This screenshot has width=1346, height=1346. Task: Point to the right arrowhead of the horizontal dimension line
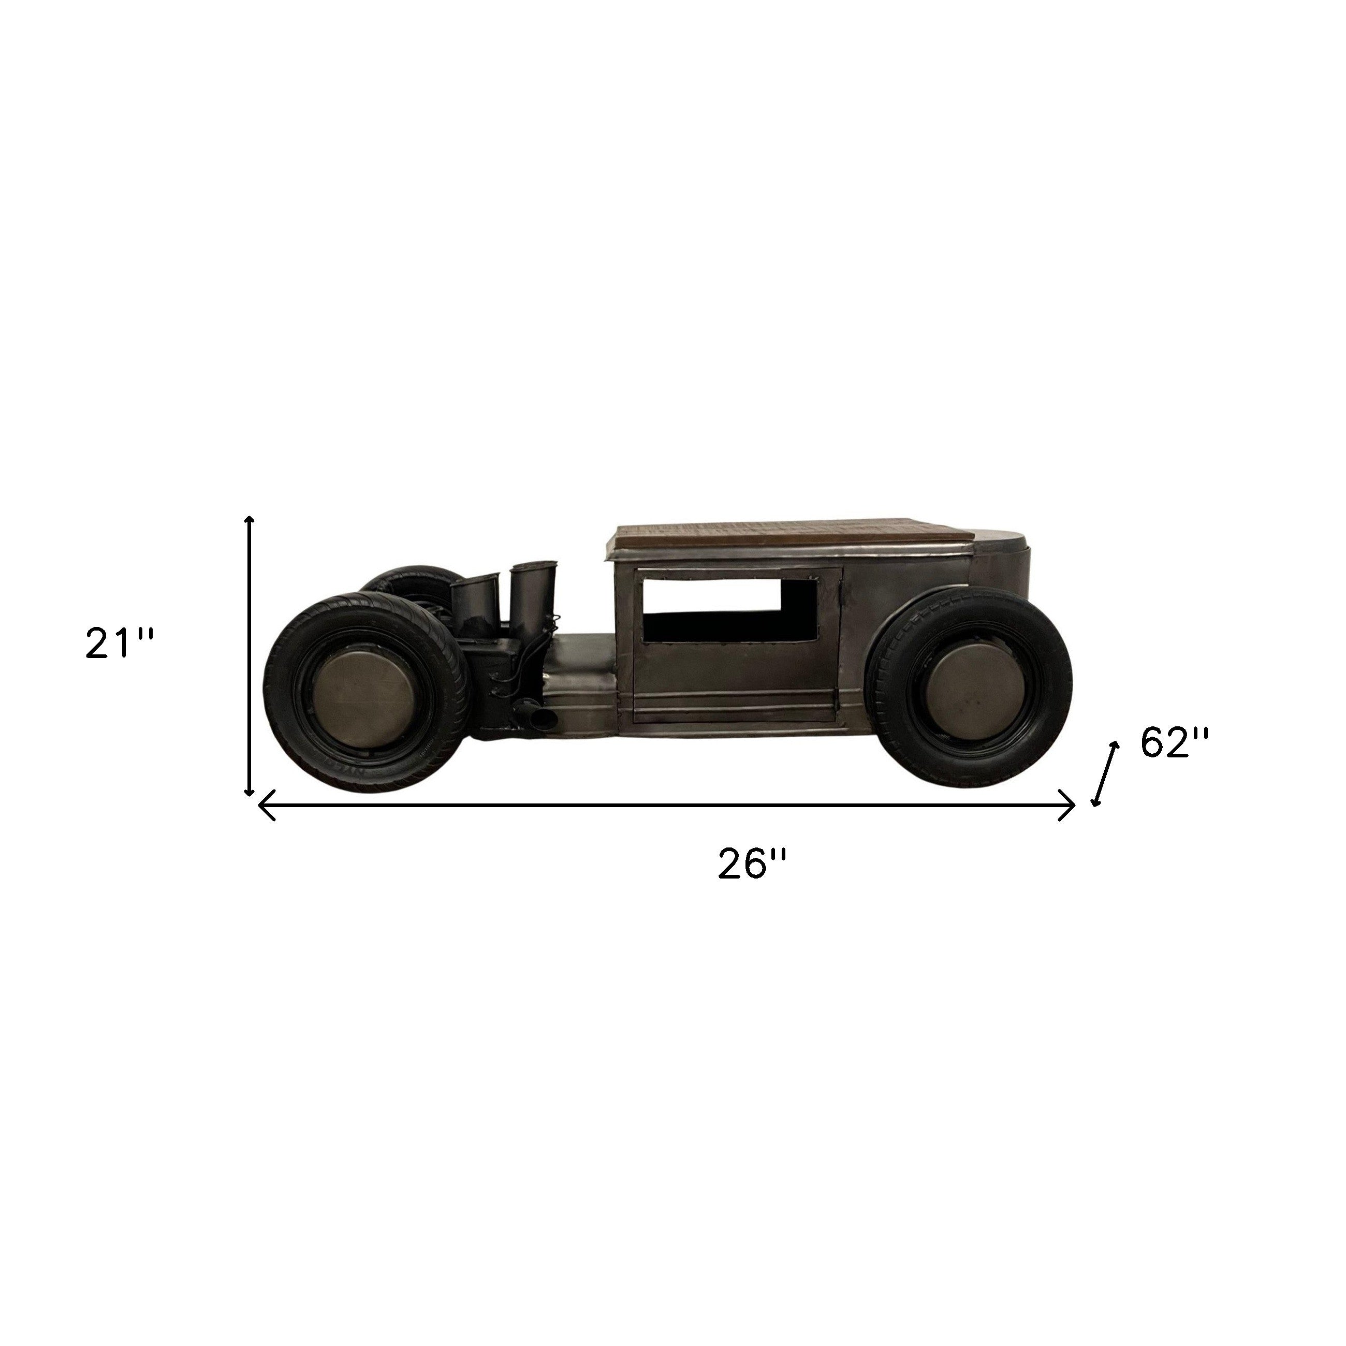click(1068, 806)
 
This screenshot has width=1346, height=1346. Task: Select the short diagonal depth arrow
click(1106, 774)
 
